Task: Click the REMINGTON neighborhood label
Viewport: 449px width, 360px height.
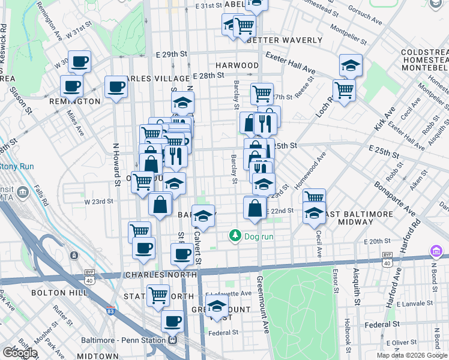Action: click(80, 101)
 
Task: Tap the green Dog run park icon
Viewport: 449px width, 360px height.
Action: click(236, 236)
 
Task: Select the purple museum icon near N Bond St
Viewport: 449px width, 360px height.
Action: click(436, 250)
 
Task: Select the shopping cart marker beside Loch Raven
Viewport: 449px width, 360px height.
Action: click(344, 90)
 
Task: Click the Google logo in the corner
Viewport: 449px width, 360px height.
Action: click(20, 353)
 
